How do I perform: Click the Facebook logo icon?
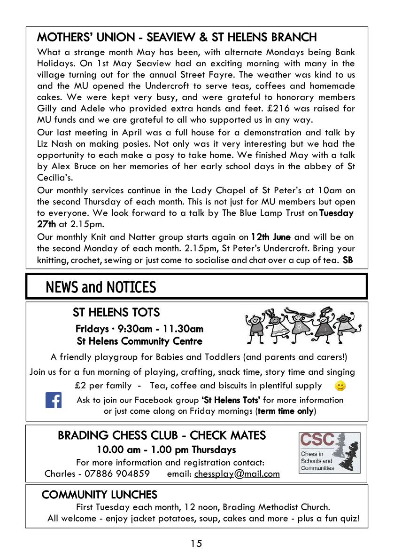54,400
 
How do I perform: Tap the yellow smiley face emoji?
340,386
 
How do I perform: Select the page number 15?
196,544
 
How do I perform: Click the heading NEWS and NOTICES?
100,287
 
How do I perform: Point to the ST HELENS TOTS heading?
116,312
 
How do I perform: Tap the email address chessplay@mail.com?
237,473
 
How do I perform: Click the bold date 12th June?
270,237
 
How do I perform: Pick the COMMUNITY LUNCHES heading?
99,495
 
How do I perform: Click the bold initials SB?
348,260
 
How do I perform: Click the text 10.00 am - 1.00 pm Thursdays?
166,450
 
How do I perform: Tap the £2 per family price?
103,386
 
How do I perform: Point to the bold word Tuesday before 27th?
336,213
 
